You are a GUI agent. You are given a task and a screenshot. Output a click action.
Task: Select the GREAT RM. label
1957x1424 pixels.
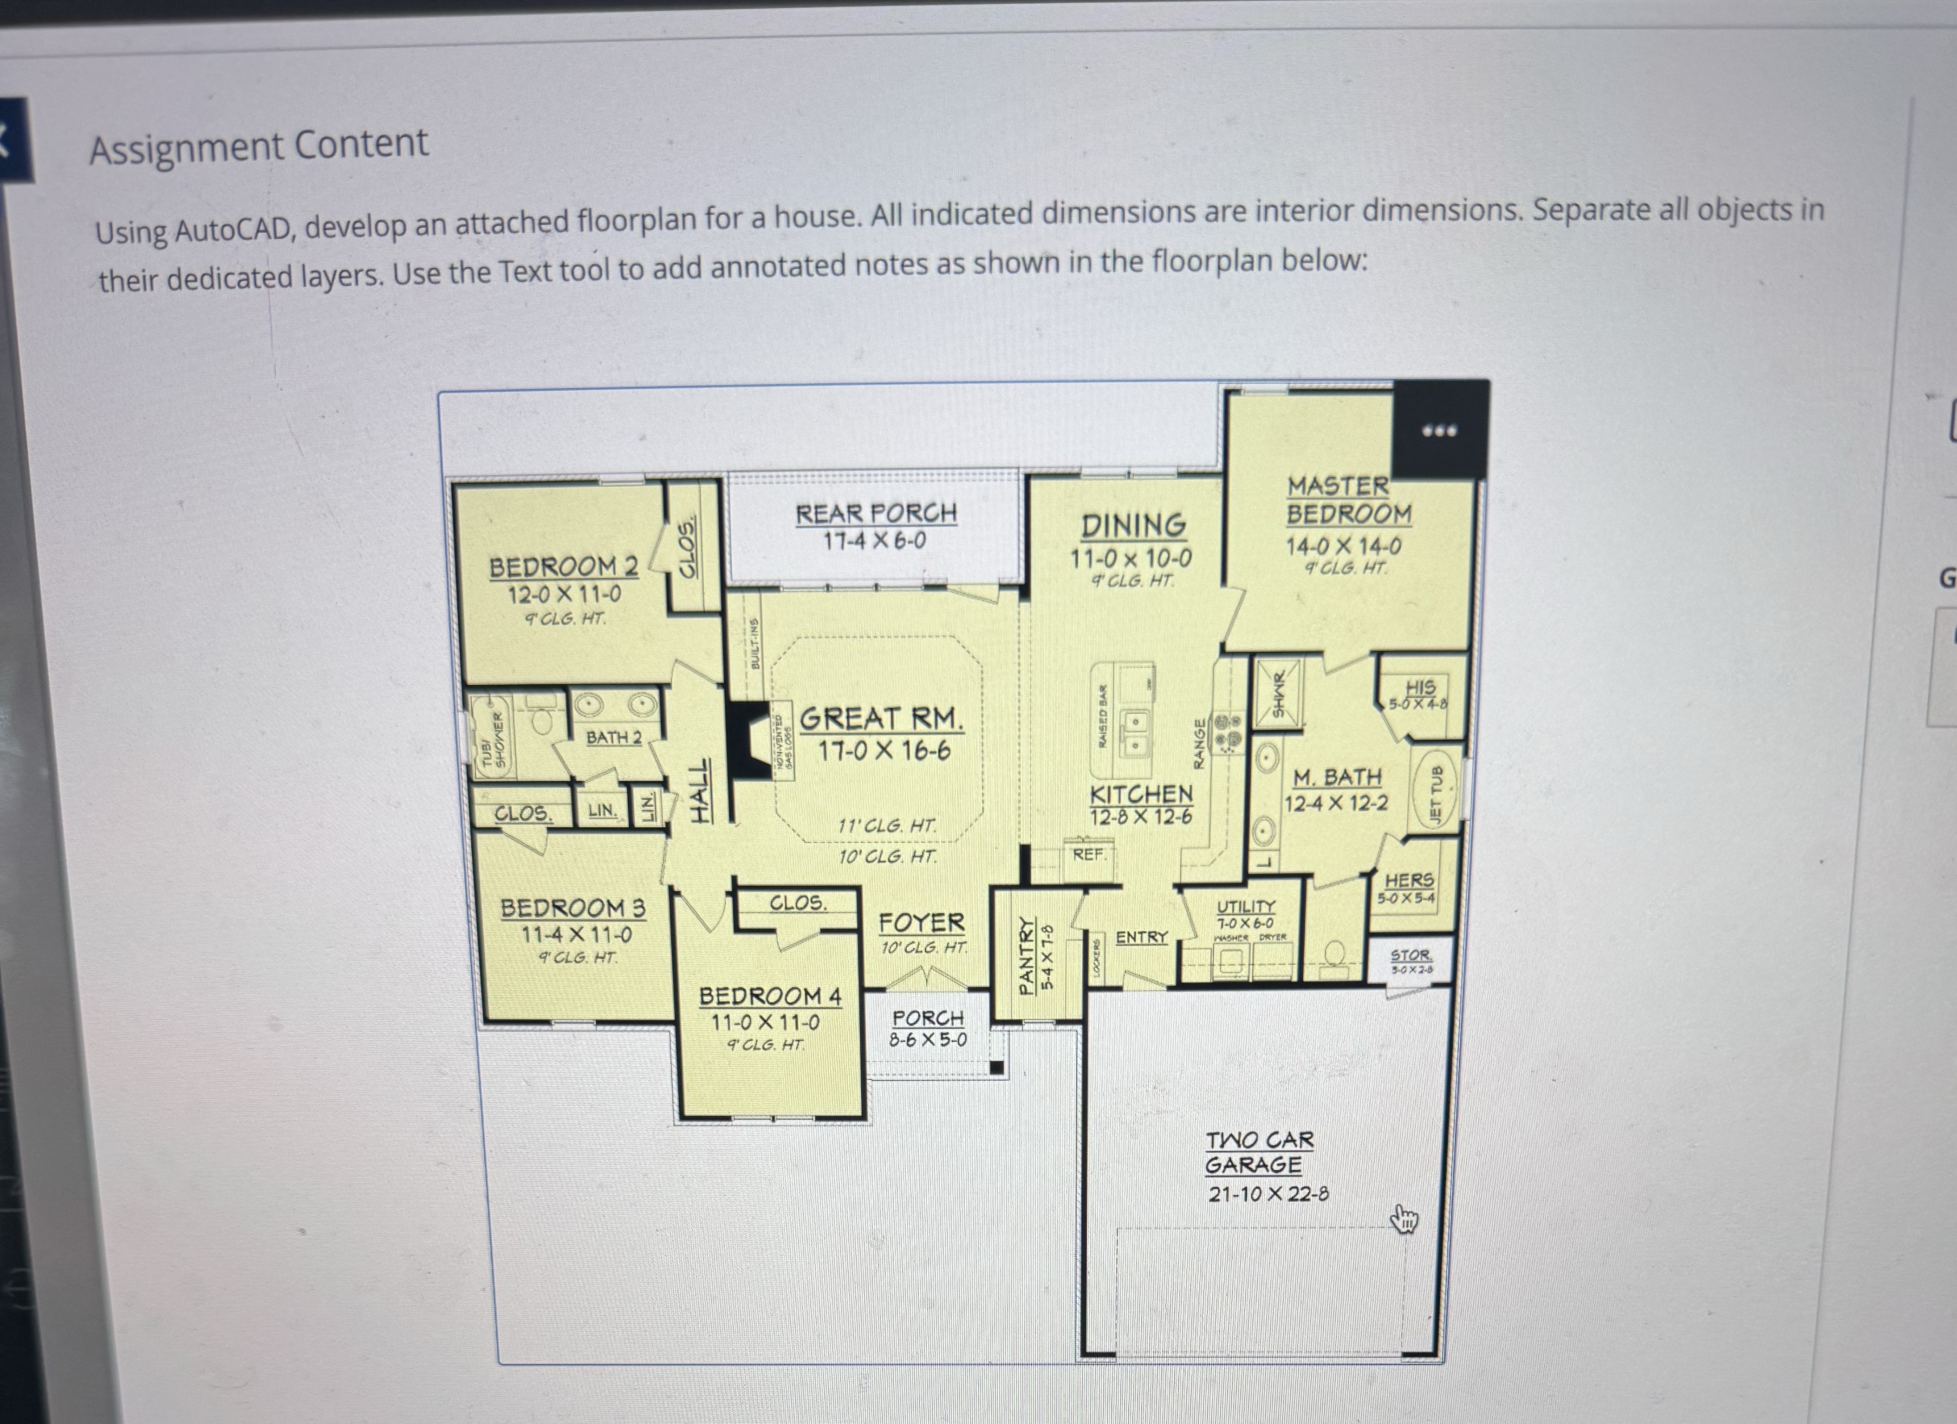click(881, 718)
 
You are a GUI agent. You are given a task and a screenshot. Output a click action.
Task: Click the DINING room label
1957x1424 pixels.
click(1133, 525)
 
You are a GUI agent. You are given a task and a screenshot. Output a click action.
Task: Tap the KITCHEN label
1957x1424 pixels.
click(1141, 793)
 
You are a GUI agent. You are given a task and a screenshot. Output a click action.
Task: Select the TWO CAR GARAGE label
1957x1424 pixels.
click(1258, 1152)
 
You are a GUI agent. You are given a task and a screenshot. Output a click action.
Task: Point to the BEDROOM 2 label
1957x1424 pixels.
click(564, 567)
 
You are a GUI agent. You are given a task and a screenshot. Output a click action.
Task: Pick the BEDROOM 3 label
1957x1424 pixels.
click(572, 908)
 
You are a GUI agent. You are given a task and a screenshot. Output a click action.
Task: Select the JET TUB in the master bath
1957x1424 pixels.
click(1435, 792)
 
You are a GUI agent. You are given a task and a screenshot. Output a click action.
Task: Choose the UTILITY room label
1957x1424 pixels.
click(1245, 907)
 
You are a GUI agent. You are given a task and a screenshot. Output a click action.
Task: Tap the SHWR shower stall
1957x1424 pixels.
click(1278, 693)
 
